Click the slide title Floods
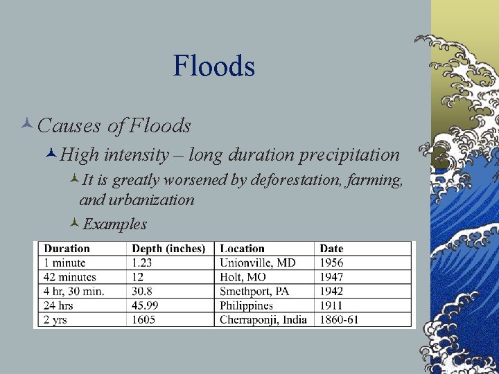point(214,66)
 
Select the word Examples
point(114,224)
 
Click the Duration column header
point(67,249)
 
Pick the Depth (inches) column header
point(168,249)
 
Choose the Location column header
point(242,249)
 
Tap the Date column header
point(331,249)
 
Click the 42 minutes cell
point(70,277)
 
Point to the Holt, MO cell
point(243,277)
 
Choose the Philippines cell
point(246,305)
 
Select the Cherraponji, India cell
point(263,320)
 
